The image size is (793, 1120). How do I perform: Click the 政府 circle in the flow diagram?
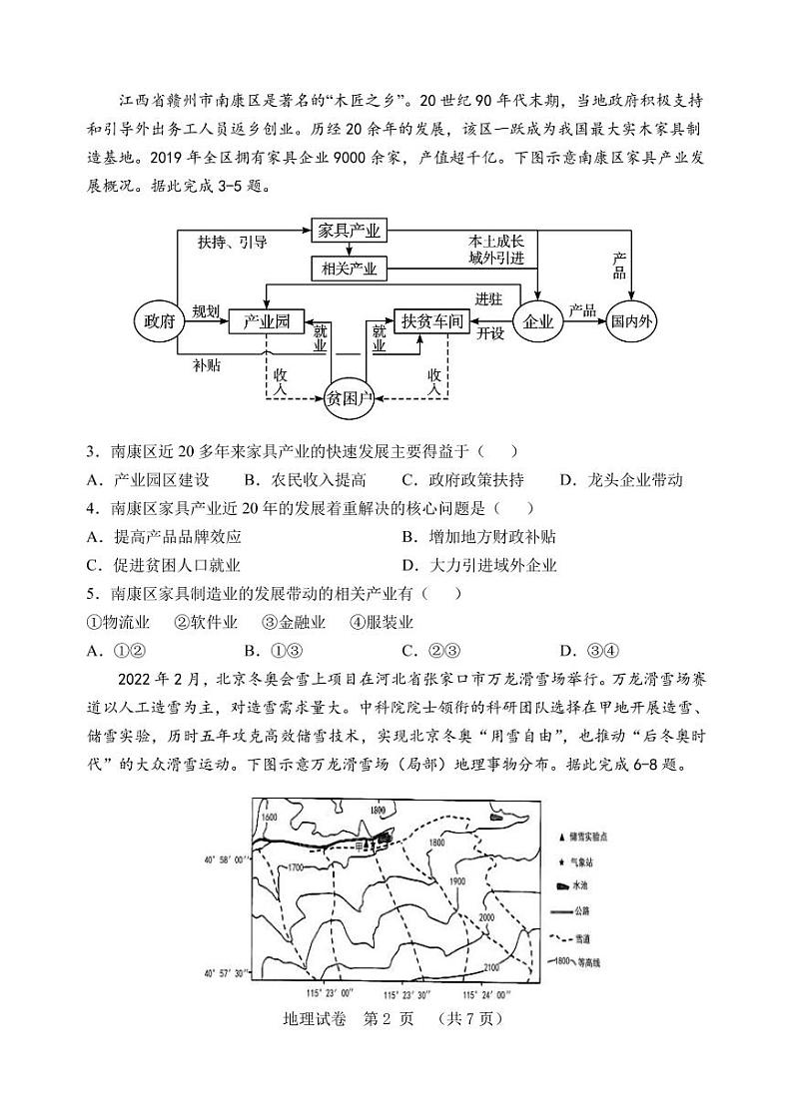(157, 321)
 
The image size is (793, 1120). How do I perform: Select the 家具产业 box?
(349, 230)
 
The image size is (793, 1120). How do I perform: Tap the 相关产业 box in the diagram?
(349, 269)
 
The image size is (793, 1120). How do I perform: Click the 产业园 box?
(266, 321)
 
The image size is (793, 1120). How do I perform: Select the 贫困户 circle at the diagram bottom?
(350, 398)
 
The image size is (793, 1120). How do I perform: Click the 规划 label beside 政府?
(206, 310)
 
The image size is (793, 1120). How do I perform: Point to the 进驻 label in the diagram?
(488, 299)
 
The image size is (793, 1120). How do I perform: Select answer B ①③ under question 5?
(273, 651)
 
